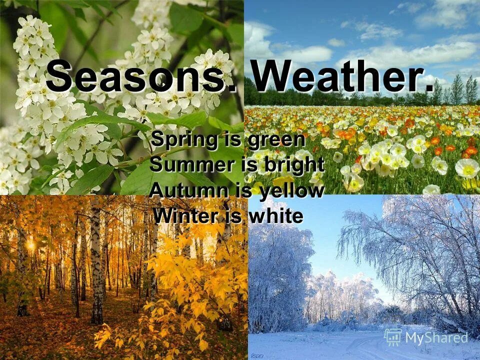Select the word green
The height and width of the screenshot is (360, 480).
coord(275,140)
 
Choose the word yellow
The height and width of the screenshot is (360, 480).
coord(291,191)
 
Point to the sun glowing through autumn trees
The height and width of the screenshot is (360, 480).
coord(31,245)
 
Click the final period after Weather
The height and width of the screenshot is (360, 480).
coord(429,88)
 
